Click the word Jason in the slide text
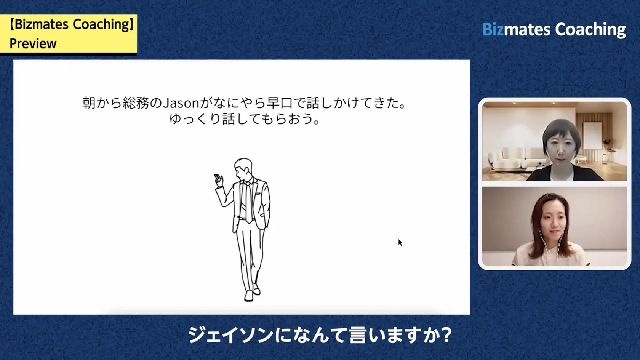(181, 103)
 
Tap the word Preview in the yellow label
(33, 44)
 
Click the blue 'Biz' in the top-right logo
(493, 30)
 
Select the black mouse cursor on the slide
(400, 242)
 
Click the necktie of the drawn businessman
(248, 202)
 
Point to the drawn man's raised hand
(218, 179)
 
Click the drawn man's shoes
(252, 294)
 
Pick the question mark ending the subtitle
(443, 336)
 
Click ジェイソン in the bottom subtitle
(230, 336)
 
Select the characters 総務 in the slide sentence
(136, 103)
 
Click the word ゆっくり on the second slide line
(195, 119)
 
